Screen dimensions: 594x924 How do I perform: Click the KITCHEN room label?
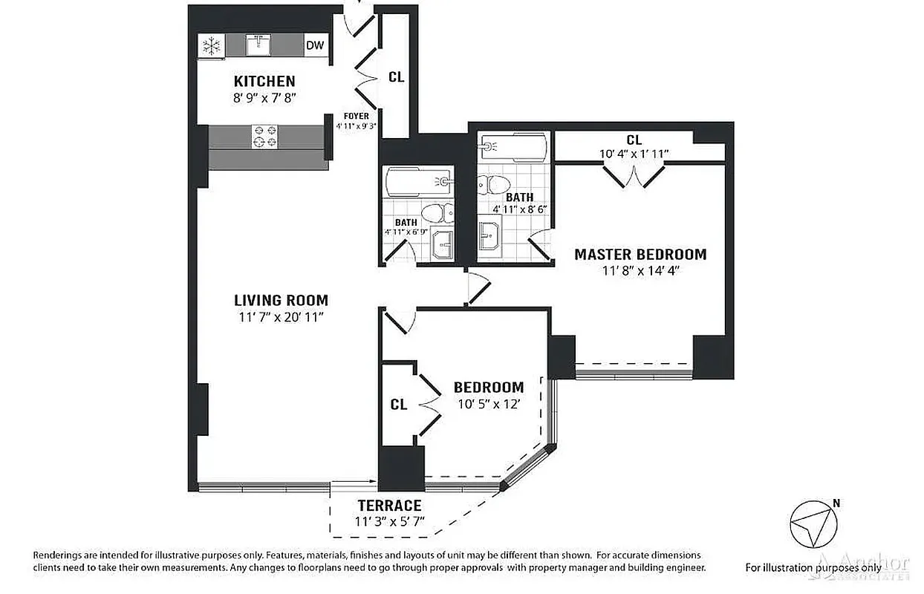coord(264,81)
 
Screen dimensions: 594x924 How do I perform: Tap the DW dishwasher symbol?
coord(315,46)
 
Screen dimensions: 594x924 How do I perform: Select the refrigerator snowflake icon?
coord(212,47)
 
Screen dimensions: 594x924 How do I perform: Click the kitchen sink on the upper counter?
coord(259,45)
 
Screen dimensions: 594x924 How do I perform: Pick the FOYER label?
coord(356,117)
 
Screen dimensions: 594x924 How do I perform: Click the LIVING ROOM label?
coord(281,301)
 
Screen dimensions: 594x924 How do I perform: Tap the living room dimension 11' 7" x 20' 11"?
coord(281,318)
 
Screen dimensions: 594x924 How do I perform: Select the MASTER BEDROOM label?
coord(640,255)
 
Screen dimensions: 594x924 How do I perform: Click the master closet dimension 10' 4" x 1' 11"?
coord(634,154)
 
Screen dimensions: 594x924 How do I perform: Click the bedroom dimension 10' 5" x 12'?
coord(488,405)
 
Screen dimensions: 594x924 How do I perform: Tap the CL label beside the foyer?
coord(397,77)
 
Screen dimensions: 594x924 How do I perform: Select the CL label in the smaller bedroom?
coord(399,405)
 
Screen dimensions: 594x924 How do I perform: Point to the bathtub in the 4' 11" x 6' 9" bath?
coord(417,181)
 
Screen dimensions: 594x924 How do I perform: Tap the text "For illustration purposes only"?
coord(813,567)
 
